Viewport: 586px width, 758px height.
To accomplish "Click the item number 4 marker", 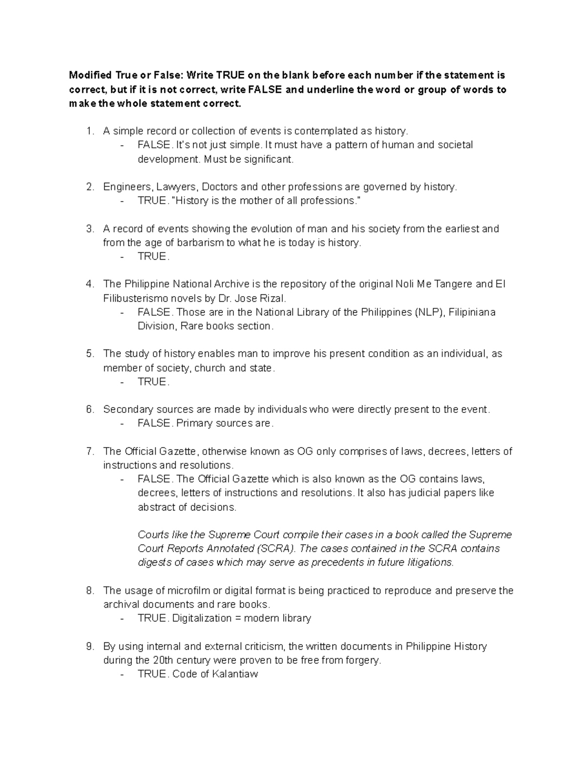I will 89,284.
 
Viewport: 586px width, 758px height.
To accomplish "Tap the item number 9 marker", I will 89,647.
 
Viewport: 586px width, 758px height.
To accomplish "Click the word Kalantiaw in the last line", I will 234,675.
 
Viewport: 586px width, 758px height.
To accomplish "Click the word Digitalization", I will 199,618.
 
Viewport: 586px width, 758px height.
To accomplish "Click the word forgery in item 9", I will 363,661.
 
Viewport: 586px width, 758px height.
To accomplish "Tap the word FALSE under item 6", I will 154,423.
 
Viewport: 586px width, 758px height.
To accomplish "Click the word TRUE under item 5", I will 152,382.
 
